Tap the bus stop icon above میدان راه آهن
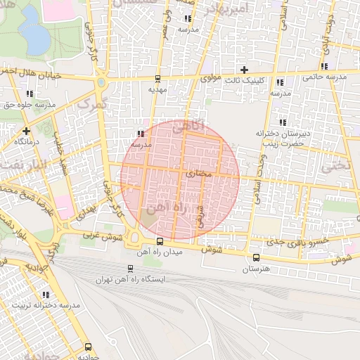click(159, 241)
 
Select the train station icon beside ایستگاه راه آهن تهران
click(130, 268)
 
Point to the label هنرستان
click(255, 269)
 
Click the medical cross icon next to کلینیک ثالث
click(244, 69)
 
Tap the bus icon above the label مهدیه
click(157, 79)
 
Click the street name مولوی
click(211, 78)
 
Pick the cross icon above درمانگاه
click(26, 131)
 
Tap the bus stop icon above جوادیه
click(88, 347)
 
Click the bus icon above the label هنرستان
click(255, 257)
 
